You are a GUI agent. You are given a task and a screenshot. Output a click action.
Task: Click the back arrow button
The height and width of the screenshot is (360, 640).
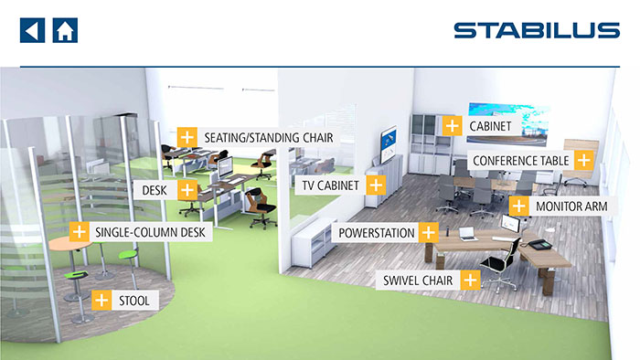pyautogui.click(x=32, y=30)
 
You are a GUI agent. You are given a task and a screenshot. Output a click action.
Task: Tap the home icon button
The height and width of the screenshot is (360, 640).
pyautogui.click(x=65, y=30)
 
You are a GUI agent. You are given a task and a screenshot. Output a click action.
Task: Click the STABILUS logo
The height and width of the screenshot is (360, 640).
pyautogui.click(x=537, y=30)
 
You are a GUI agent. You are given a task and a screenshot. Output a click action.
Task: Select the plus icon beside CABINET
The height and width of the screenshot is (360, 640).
pyautogui.click(x=452, y=125)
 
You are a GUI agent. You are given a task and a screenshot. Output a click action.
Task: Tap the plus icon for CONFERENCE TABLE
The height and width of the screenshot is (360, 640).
pyautogui.click(x=584, y=160)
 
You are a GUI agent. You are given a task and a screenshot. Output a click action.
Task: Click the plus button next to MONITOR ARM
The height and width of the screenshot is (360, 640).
pyautogui.click(x=518, y=206)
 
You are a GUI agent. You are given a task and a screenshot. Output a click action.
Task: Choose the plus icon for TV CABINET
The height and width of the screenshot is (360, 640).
pyautogui.click(x=376, y=185)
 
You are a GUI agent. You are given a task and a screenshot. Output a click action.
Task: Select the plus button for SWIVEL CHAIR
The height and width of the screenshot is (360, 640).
pyautogui.click(x=470, y=281)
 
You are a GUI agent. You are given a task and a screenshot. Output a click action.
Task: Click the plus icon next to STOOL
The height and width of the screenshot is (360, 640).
pyautogui.click(x=101, y=301)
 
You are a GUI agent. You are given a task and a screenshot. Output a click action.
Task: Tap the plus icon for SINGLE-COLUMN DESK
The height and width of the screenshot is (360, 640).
pyautogui.click(x=80, y=232)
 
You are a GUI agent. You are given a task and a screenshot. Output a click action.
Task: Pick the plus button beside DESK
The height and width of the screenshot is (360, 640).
pyautogui.click(x=187, y=190)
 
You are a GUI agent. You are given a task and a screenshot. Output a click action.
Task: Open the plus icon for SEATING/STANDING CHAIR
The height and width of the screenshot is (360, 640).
pyautogui.click(x=187, y=137)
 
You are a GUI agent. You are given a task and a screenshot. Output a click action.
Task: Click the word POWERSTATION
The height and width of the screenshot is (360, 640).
pyautogui.click(x=377, y=233)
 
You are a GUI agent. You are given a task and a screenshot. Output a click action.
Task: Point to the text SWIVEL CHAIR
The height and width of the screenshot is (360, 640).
pyautogui.click(x=418, y=281)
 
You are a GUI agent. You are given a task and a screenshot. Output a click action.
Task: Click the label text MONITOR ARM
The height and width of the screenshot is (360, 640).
pyautogui.click(x=571, y=206)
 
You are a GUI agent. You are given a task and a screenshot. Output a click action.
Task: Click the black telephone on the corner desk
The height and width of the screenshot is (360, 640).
pyautogui.click(x=540, y=245)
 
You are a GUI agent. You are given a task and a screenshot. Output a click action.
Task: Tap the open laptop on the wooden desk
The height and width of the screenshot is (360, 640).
pyautogui.click(x=467, y=234)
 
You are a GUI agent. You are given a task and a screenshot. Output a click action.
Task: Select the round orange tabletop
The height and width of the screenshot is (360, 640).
pyautogui.click(x=69, y=244)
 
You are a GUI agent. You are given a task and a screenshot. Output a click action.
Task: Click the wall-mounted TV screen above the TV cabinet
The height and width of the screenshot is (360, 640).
pyautogui.click(x=389, y=144)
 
